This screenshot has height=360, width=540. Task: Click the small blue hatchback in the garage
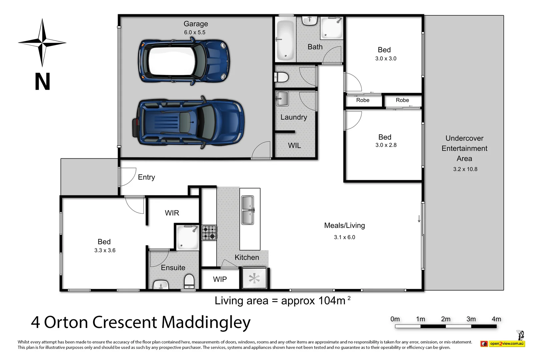184,61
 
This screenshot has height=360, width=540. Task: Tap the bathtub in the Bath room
285,40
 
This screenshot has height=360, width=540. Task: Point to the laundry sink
282,99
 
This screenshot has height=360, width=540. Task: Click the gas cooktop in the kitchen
209,233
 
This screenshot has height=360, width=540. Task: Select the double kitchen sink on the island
248,210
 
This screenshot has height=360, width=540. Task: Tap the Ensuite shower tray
187,237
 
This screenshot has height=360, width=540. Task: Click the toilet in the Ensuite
189,281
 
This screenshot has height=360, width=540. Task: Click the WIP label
220,279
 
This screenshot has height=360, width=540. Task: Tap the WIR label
172,213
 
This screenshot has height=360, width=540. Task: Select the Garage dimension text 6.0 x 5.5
195,32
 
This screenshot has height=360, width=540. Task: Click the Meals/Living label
344,226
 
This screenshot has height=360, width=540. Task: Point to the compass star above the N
42,43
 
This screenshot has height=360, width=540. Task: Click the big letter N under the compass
42,82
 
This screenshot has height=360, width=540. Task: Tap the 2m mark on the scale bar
446,319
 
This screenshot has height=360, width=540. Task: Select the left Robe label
363,100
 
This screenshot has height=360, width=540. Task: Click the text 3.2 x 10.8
465,169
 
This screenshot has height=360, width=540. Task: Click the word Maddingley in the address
206,323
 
